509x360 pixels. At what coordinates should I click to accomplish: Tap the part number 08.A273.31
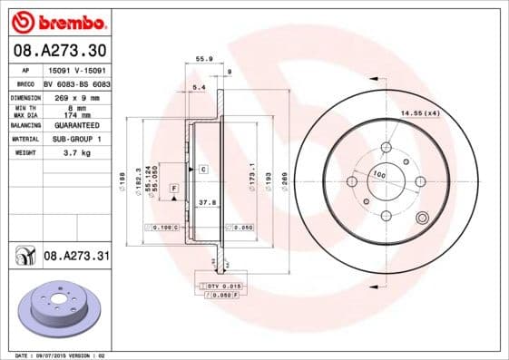coord(76,258)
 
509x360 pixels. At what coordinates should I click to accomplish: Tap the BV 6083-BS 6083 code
coord(76,81)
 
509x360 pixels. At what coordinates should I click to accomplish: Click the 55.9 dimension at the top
coord(204,59)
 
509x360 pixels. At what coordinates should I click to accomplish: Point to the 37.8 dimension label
coord(205,204)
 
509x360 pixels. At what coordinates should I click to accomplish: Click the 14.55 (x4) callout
coord(420,112)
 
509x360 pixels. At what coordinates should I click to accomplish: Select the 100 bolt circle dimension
coord(379,174)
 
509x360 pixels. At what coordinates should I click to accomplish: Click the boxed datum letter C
coord(203,170)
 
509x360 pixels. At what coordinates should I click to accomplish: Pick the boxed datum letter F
coord(172,187)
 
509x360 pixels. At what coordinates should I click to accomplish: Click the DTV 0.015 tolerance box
coord(220,286)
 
